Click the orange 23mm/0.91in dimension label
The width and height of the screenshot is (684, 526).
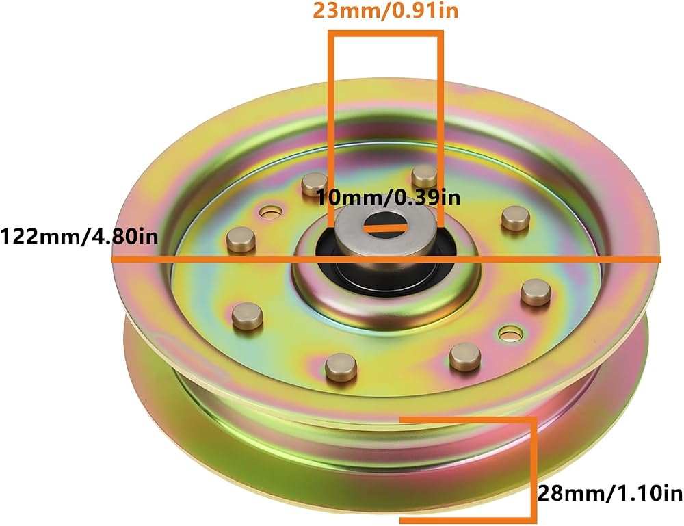pyautogui.click(x=386, y=10)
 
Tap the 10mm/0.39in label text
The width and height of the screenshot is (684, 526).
pyautogui.click(x=388, y=198)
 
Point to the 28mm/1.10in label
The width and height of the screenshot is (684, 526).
pyautogui.click(x=610, y=494)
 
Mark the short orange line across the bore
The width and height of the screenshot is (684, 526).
pyautogui.click(x=386, y=227)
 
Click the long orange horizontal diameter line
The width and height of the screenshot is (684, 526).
pyautogui.click(x=386, y=259)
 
